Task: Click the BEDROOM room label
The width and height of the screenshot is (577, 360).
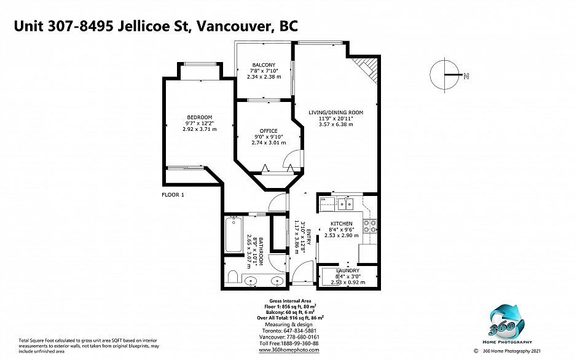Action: coord(200,117)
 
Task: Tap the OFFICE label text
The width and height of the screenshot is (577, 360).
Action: coord(269,131)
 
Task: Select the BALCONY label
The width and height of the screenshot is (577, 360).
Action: coord(264,65)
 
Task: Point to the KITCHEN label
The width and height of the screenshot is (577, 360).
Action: coord(342,224)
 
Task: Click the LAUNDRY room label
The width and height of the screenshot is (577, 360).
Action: coord(348,271)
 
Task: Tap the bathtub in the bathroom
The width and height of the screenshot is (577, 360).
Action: coord(234,234)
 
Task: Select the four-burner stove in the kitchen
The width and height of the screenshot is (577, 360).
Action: coord(370,226)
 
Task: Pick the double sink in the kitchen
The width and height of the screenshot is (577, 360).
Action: coord(345,204)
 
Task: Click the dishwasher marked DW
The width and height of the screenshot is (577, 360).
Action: coord(327,204)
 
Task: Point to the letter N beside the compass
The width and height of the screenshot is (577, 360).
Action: coord(466,77)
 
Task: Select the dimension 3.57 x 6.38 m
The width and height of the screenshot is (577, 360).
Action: coord(336,124)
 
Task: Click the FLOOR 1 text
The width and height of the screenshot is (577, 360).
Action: coord(173,195)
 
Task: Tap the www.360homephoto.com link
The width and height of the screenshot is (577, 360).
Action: coord(289,350)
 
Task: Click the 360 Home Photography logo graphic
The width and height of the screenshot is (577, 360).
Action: coord(507,322)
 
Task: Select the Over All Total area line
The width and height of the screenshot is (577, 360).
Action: coord(290,318)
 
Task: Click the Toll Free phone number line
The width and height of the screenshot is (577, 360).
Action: coord(289,343)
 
